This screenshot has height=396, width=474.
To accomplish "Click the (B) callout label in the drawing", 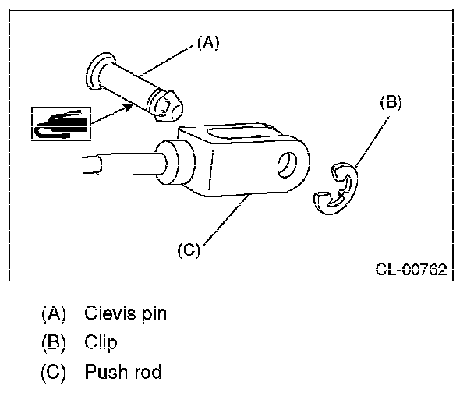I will pyautogui.click(x=391, y=103).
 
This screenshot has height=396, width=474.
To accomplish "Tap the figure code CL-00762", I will pyautogui.click(x=410, y=270).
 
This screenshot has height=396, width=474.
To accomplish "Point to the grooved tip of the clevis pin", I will pyautogui.click(x=166, y=104).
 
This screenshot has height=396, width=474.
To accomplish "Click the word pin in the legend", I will pyautogui.click(x=151, y=315).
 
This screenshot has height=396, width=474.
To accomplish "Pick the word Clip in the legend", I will pyautogui.click(x=101, y=343).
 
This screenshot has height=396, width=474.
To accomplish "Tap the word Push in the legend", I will pyautogui.click(x=104, y=372).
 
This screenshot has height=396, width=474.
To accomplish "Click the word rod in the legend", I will pyautogui.click(x=147, y=372).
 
